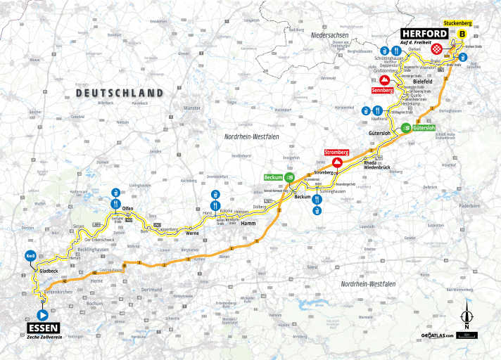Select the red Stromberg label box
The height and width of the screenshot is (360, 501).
[x=337, y=152]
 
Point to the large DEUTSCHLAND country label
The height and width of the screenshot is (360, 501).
[x=119, y=93]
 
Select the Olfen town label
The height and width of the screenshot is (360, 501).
[x=128, y=210]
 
